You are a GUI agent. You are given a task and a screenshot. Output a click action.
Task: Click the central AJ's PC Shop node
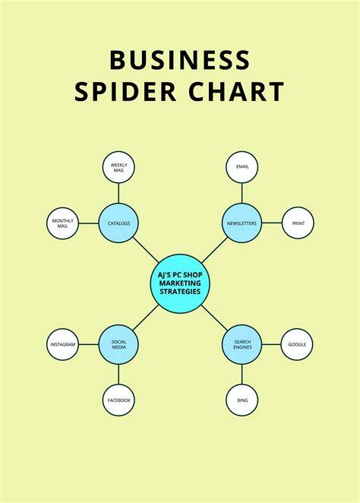coord(180,283)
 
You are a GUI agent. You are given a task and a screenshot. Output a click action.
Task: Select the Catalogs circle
coord(118,223)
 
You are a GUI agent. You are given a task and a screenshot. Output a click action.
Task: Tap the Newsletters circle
coord(242,223)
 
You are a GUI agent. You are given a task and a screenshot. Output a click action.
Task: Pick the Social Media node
coord(118,344)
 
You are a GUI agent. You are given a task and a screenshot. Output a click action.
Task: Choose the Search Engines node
coord(242,344)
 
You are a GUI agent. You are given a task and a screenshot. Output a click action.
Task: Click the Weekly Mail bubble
coord(118,167)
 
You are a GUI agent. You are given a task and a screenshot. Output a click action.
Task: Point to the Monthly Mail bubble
coord(63,223)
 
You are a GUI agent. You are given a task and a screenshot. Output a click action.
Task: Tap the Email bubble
coord(242,167)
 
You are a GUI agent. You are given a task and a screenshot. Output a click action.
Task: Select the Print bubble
coord(298,223)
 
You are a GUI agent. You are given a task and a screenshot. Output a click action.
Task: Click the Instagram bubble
coord(63,344)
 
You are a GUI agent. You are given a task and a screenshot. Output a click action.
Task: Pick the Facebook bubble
coord(118,400)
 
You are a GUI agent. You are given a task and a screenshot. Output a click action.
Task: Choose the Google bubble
coord(297,344)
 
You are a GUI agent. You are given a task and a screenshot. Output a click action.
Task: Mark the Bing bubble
coord(242,400)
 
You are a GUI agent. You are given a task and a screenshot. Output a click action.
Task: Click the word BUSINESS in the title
coord(180,60)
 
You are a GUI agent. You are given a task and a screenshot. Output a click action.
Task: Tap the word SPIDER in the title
coord(125,91)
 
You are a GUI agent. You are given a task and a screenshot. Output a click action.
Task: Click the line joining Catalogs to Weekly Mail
coord(118,193)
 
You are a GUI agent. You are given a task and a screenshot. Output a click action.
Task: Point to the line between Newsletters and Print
coord(272,223)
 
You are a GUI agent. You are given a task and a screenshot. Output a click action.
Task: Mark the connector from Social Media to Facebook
coord(118,375)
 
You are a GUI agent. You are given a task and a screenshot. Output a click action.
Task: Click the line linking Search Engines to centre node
coord(214,318)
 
